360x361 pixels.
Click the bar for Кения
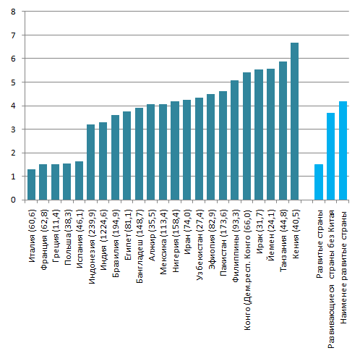[x=294, y=122]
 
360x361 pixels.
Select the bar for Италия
[x=31, y=184]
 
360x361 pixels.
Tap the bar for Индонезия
[x=91, y=162]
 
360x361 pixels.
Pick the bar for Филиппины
[x=234, y=140]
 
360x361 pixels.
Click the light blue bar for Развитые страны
[x=319, y=182]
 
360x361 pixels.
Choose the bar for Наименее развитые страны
[x=343, y=150]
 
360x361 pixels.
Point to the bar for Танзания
[x=283, y=131]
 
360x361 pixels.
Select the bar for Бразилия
[x=115, y=158]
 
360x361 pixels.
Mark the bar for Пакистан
[x=223, y=145]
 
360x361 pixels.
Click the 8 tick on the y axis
[x=13, y=12]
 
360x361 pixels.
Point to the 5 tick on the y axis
[x=13, y=82]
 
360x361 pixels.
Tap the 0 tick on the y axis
[x=13, y=200]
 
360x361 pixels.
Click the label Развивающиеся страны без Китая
[x=331, y=279]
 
